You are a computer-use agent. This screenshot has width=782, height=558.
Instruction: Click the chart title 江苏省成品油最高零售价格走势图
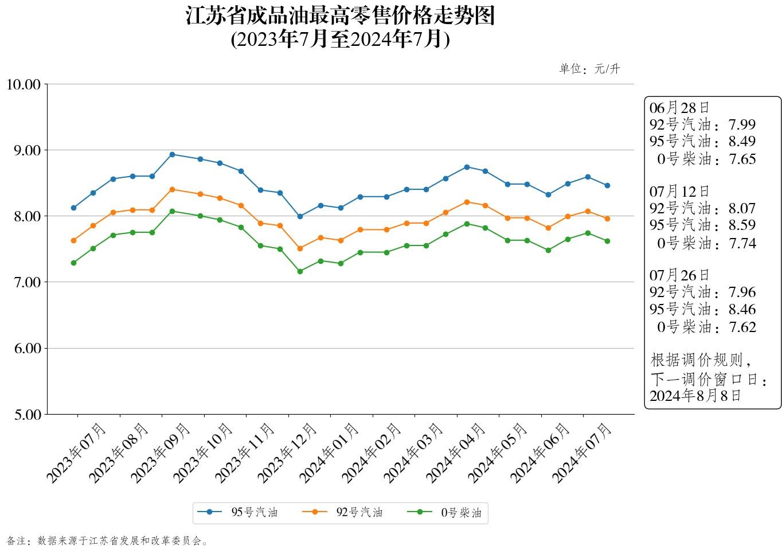340,16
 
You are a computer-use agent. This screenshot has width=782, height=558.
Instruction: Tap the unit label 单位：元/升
589,69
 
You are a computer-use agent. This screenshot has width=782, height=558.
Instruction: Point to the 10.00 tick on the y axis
24,85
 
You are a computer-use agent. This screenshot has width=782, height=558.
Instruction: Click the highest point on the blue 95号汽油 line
173,154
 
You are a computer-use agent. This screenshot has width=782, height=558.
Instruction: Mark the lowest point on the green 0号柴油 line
300,271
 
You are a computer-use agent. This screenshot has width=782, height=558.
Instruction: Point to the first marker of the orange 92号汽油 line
73,240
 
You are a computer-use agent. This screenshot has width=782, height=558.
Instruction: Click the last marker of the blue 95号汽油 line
607,185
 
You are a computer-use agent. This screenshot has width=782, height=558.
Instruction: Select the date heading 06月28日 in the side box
679,108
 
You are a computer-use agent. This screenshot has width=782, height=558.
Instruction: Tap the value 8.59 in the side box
742,225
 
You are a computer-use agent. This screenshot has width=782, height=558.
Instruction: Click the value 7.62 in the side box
742,327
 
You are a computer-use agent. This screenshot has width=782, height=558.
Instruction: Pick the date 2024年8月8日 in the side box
695,396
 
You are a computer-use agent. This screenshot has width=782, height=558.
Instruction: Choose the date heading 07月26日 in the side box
679,275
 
